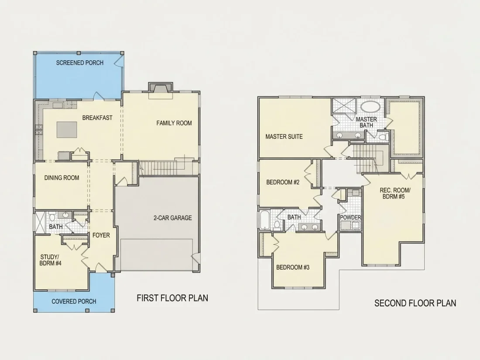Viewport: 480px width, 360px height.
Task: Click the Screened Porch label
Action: pyautogui.click(x=79, y=63)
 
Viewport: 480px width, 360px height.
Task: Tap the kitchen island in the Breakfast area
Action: pyautogui.click(x=67, y=130)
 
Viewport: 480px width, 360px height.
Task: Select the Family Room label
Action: pyautogui.click(x=174, y=123)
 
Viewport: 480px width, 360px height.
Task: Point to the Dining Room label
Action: pyautogui.click(x=62, y=178)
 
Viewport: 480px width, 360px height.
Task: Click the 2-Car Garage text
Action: pyautogui.click(x=173, y=218)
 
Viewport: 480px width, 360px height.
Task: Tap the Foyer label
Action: pyautogui.click(x=101, y=235)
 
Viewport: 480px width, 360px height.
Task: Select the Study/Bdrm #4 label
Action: pyautogui.click(x=51, y=260)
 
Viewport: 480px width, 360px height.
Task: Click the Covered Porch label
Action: pyautogui.click(x=74, y=302)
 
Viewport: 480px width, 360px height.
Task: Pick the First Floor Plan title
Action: pyautogui.click(x=172, y=298)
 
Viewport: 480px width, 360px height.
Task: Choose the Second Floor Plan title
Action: pyautogui.click(x=415, y=303)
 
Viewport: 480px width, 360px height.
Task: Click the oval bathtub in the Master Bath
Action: pyautogui.click(x=370, y=106)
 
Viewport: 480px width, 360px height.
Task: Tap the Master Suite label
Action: pyautogui.click(x=284, y=137)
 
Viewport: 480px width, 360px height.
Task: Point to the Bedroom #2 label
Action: pyautogui.click(x=283, y=182)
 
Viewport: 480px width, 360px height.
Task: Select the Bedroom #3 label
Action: pyautogui.click(x=293, y=267)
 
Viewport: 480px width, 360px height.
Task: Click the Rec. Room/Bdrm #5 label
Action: pyautogui.click(x=394, y=193)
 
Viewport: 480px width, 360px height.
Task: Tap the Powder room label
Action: pyautogui.click(x=350, y=217)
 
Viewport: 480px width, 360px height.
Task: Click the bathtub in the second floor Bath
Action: pyautogui.click(x=264, y=219)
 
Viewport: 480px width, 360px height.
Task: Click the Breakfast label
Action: pyautogui.click(x=97, y=118)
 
